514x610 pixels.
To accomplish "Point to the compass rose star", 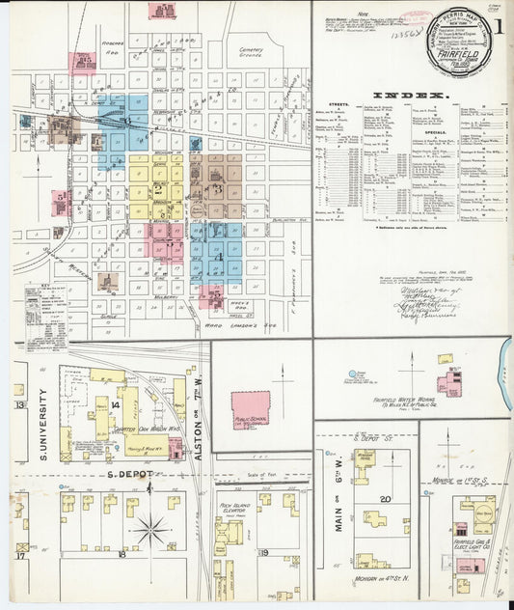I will point(149,529).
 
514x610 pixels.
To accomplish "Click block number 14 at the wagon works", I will point(115,404).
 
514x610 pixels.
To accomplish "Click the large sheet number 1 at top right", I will point(501,25).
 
